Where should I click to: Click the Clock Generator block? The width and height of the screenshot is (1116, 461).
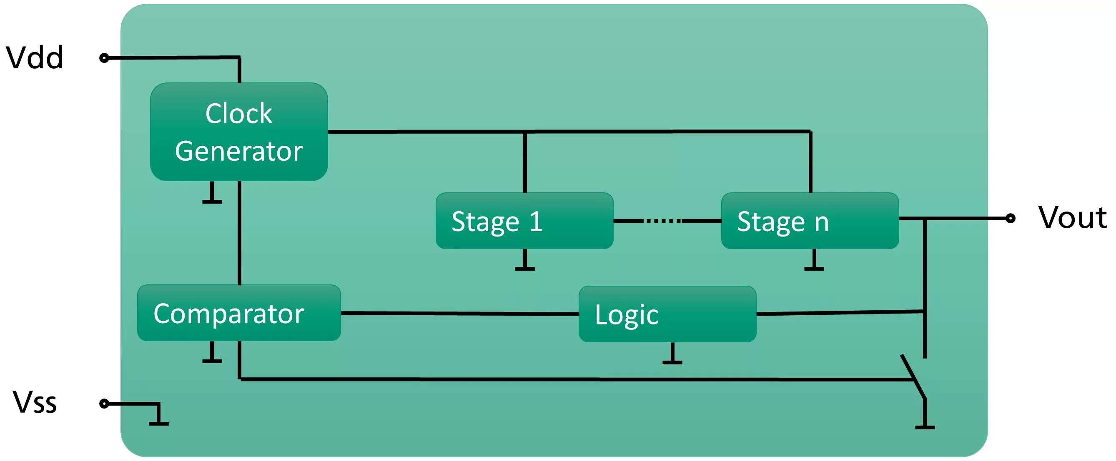[x=239, y=132]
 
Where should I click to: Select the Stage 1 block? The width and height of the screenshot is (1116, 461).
[x=524, y=221]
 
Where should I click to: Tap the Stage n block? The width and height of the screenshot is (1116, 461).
[x=810, y=221]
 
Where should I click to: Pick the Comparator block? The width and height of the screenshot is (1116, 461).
[x=239, y=312]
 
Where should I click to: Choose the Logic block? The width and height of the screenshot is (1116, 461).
[x=667, y=314]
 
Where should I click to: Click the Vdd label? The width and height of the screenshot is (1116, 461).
[x=35, y=57]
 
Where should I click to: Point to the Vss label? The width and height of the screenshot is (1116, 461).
[x=35, y=403]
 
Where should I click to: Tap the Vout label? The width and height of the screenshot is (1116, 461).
[x=1073, y=217]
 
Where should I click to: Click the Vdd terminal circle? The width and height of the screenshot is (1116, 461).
[x=104, y=57]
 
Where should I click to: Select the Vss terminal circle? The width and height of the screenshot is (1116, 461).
[x=104, y=404]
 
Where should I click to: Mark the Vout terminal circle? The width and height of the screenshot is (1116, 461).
[x=1010, y=218]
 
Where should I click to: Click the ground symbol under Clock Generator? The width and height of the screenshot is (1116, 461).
[x=212, y=193]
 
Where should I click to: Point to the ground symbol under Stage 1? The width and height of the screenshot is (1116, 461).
[x=524, y=260]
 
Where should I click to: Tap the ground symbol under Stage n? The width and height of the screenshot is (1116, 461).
[x=814, y=260]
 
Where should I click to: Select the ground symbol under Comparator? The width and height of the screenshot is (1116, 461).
[x=212, y=352]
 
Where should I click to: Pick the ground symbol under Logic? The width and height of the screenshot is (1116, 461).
[x=672, y=353]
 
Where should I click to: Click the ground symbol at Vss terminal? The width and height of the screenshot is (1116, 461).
[x=158, y=414]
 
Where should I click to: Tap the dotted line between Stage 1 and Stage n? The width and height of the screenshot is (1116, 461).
[x=663, y=221]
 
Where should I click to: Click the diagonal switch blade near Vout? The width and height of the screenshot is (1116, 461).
[x=913, y=376]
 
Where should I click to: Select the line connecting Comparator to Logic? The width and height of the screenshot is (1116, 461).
[x=460, y=314]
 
